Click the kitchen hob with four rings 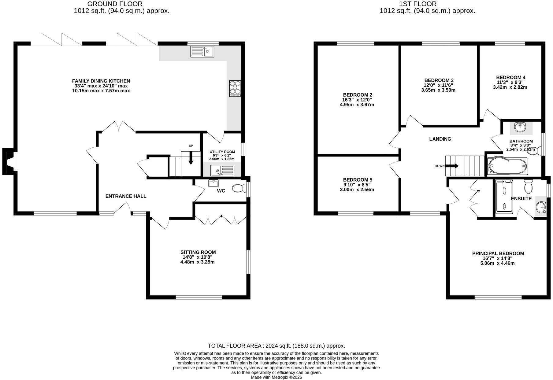pyautogui.click(x=235, y=89)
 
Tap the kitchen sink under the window pyautogui.click(x=202, y=51)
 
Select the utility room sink pyautogui.click(x=222, y=170)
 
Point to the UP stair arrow pyautogui.click(x=191, y=158)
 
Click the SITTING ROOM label pyautogui.click(x=198, y=252)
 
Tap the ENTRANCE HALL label pyautogui.click(x=126, y=196)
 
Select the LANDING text pyautogui.click(x=440, y=139)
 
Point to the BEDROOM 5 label pyautogui.click(x=358, y=180)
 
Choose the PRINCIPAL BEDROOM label pyautogui.click(x=498, y=253)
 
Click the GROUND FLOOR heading pyautogui.click(x=115, y=4)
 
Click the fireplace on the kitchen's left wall pyautogui.click(x=9, y=161)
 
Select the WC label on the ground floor pyautogui.click(x=221, y=191)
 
